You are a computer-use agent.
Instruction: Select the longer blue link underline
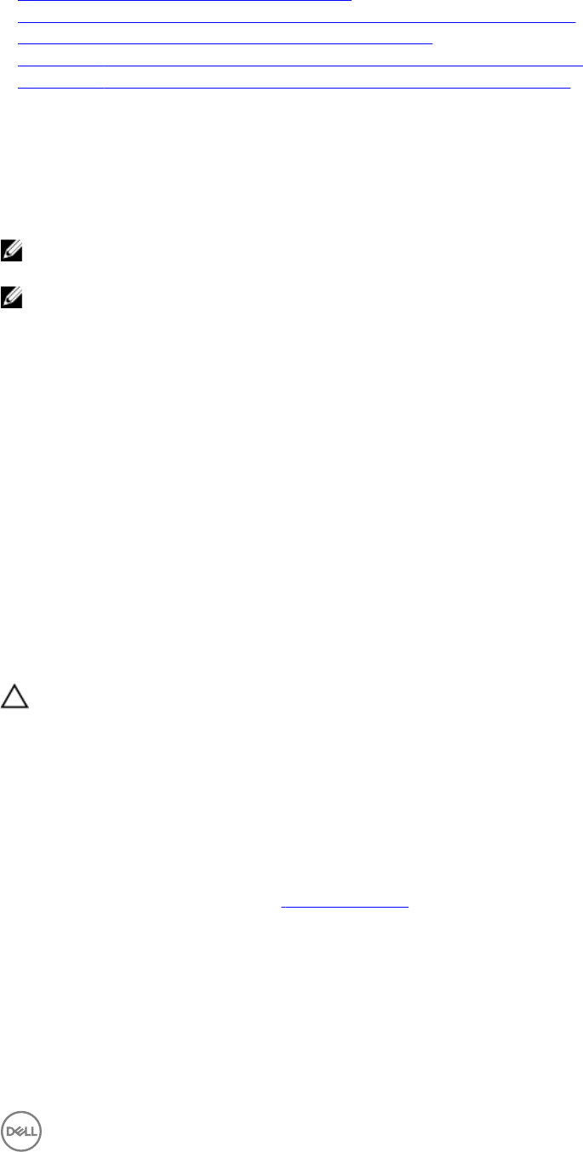[296, 20]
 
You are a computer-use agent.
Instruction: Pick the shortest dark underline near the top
[225, 41]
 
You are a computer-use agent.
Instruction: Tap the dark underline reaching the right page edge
[300, 64]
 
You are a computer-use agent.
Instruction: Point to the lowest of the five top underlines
[294, 87]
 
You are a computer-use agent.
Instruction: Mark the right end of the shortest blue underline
[351, 1]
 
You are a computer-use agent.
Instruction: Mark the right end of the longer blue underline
[575, 20]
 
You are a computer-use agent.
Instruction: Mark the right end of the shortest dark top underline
[432, 41]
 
